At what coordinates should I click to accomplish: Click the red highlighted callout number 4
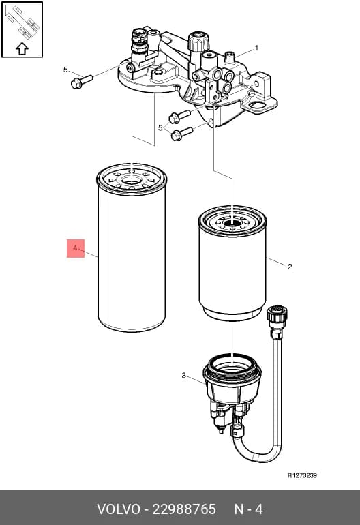[76, 248]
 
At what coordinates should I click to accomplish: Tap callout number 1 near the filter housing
[256, 48]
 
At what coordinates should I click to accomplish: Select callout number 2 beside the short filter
[290, 267]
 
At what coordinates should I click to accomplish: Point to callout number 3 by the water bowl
[183, 376]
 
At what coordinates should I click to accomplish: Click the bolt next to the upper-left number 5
[81, 81]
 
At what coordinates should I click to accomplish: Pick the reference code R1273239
[302, 475]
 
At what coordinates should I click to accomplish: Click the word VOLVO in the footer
[119, 509]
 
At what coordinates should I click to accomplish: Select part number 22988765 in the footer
[184, 509]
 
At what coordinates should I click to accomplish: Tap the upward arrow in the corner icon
[22, 48]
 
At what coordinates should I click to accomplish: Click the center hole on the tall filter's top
[132, 181]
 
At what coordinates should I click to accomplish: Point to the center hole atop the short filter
[232, 222]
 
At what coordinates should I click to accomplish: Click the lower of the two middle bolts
[181, 134]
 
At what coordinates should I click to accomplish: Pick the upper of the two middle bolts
[179, 116]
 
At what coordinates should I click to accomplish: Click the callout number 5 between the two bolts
[160, 127]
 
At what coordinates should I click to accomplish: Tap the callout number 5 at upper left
[65, 70]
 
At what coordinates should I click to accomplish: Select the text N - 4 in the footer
[248, 509]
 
